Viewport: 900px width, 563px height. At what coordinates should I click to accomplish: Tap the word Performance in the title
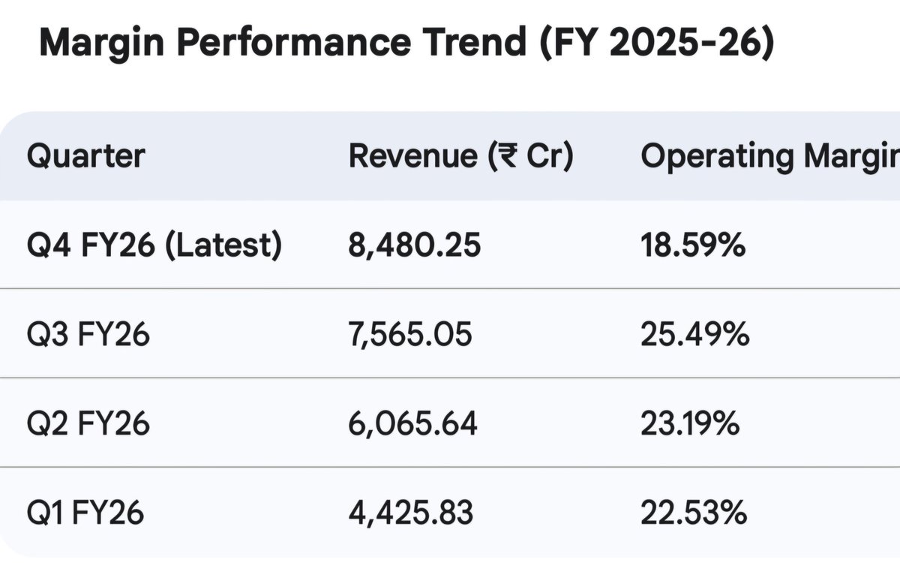pyautogui.click(x=294, y=42)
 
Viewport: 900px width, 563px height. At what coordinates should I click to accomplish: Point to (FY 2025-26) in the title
pyautogui.click(x=657, y=42)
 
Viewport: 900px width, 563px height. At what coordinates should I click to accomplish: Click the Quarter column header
pyautogui.click(x=85, y=157)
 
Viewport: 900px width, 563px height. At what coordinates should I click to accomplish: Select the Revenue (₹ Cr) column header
pyautogui.click(x=461, y=156)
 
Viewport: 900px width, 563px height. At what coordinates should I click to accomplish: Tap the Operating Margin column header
pyautogui.click(x=770, y=158)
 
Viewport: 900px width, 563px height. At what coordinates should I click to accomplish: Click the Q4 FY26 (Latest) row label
pyautogui.click(x=154, y=245)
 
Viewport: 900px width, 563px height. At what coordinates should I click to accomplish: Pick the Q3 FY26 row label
pyautogui.click(x=88, y=335)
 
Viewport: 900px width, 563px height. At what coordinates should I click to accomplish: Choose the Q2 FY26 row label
pyautogui.click(x=88, y=424)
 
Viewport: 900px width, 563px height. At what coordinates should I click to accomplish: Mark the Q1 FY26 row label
pyautogui.click(x=85, y=513)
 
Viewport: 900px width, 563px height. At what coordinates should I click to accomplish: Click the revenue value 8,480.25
pyautogui.click(x=414, y=245)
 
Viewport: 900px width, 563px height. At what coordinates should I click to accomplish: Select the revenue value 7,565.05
pyautogui.click(x=410, y=335)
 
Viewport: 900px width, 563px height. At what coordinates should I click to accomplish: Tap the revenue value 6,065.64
pyautogui.click(x=413, y=424)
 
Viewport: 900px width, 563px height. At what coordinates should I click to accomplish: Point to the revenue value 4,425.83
pyautogui.click(x=411, y=513)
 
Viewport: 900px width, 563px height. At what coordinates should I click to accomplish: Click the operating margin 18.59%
pyautogui.click(x=693, y=245)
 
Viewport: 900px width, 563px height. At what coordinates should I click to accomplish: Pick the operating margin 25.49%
pyautogui.click(x=695, y=335)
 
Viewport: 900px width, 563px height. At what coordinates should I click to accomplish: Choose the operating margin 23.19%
pyautogui.click(x=690, y=424)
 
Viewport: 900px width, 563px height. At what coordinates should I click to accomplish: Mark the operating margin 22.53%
pyautogui.click(x=694, y=513)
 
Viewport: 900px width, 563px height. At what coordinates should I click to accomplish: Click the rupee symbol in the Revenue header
pyautogui.click(x=508, y=156)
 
